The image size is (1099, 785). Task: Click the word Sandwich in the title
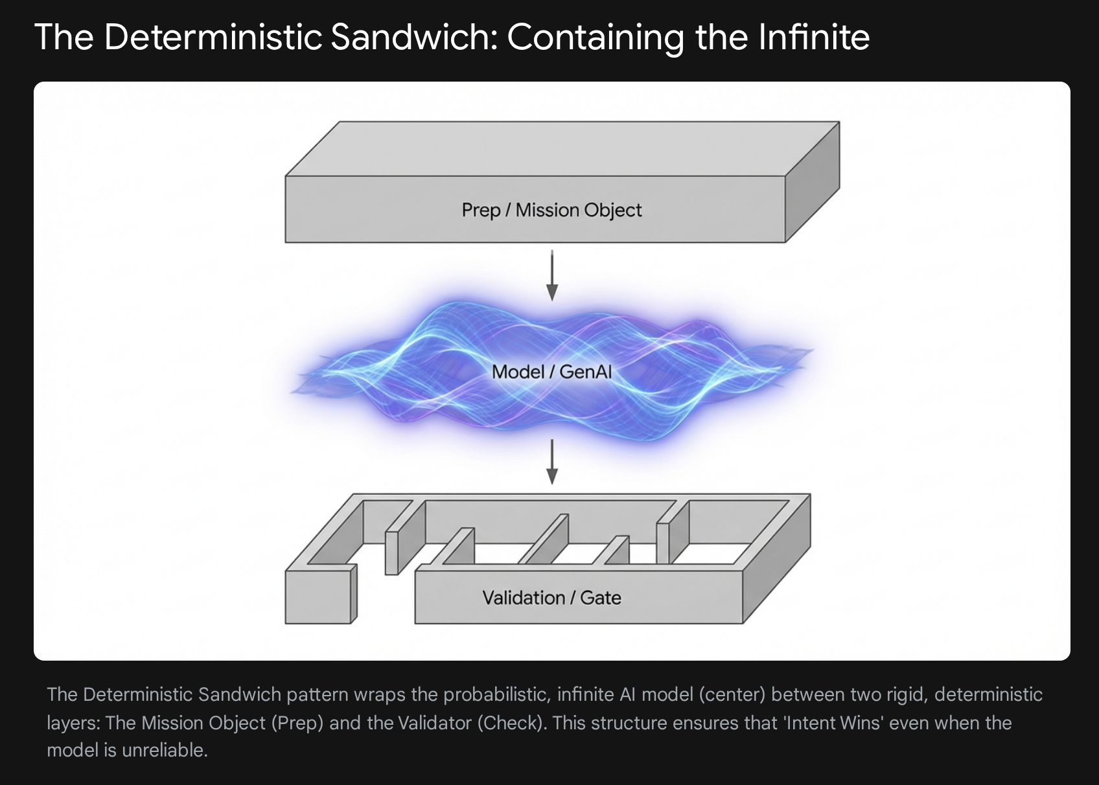click(x=412, y=37)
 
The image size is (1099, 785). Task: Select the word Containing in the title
click(x=595, y=37)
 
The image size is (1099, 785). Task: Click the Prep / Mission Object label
click(x=551, y=210)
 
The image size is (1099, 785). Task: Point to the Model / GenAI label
click(x=551, y=372)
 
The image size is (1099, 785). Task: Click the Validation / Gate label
click(x=551, y=597)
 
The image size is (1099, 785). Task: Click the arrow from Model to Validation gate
click(x=552, y=462)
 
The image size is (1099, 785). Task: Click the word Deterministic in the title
click(x=213, y=37)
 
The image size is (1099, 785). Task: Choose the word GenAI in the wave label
click(x=586, y=372)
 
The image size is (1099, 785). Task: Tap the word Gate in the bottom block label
click(x=601, y=597)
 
